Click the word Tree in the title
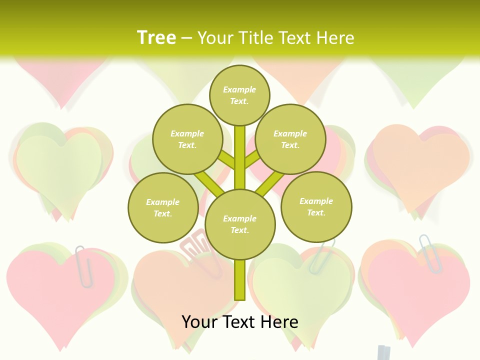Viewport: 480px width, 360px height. [x=156, y=37]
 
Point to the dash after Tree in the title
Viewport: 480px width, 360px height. [x=187, y=38]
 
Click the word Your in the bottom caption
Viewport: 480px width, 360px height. [x=200, y=322]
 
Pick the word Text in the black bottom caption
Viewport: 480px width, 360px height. [x=239, y=322]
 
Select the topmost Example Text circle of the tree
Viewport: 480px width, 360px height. [x=239, y=95]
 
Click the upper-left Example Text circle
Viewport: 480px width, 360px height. [x=187, y=139]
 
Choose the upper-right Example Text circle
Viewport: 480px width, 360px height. [x=290, y=139]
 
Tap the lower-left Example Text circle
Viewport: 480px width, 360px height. [x=162, y=207]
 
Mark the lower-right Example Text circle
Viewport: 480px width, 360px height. [x=316, y=206]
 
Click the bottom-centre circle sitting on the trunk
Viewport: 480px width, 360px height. [x=239, y=224]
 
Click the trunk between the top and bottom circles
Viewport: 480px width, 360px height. [x=239, y=155]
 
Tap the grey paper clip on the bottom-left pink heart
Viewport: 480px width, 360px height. [x=83, y=266]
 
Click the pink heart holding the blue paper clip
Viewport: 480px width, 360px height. [x=420, y=295]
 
